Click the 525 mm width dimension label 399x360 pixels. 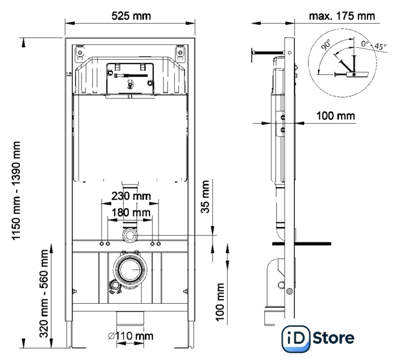point(131,16)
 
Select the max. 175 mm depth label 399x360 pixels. point(342,16)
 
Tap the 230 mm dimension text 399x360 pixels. point(130,196)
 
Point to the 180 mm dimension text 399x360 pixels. point(130,213)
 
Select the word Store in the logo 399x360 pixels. point(334,338)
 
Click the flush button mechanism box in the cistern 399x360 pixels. point(130,77)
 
